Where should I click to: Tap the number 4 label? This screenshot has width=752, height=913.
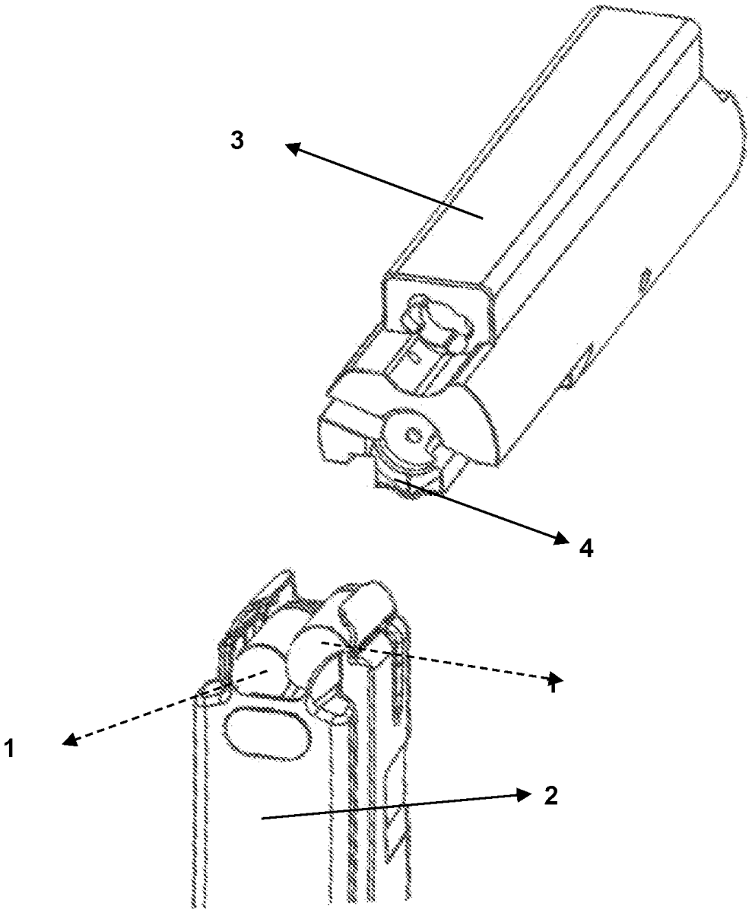(x=586, y=548)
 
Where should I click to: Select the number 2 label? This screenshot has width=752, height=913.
(x=551, y=796)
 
